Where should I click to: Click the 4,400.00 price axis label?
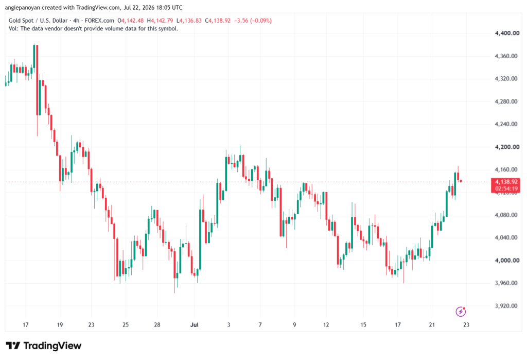click(507, 33)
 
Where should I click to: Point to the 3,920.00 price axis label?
click(507, 306)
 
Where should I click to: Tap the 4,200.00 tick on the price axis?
click(507, 147)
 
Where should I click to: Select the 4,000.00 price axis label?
click(507, 261)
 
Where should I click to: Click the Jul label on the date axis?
click(194, 324)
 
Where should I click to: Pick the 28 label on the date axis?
click(157, 324)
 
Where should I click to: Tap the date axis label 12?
click(326, 324)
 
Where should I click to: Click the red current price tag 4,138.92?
click(506, 182)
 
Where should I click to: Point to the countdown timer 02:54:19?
click(506, 188)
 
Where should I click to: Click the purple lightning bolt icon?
click(461, 312)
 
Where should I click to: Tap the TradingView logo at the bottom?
click(44, 346)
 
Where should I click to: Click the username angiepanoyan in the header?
click(23, 7)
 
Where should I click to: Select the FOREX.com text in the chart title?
click(99, 21)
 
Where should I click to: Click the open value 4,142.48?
click(132, 21)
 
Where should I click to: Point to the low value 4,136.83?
click(190, 21)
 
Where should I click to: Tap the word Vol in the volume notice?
click(13, 29)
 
